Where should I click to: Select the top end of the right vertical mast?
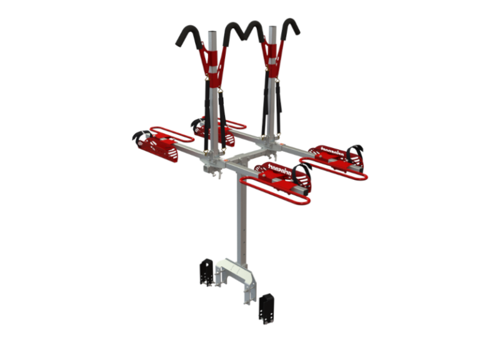[x=272, y=29]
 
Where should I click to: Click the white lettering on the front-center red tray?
[x=274, y=168]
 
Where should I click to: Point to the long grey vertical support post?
[x=242, y=219]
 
